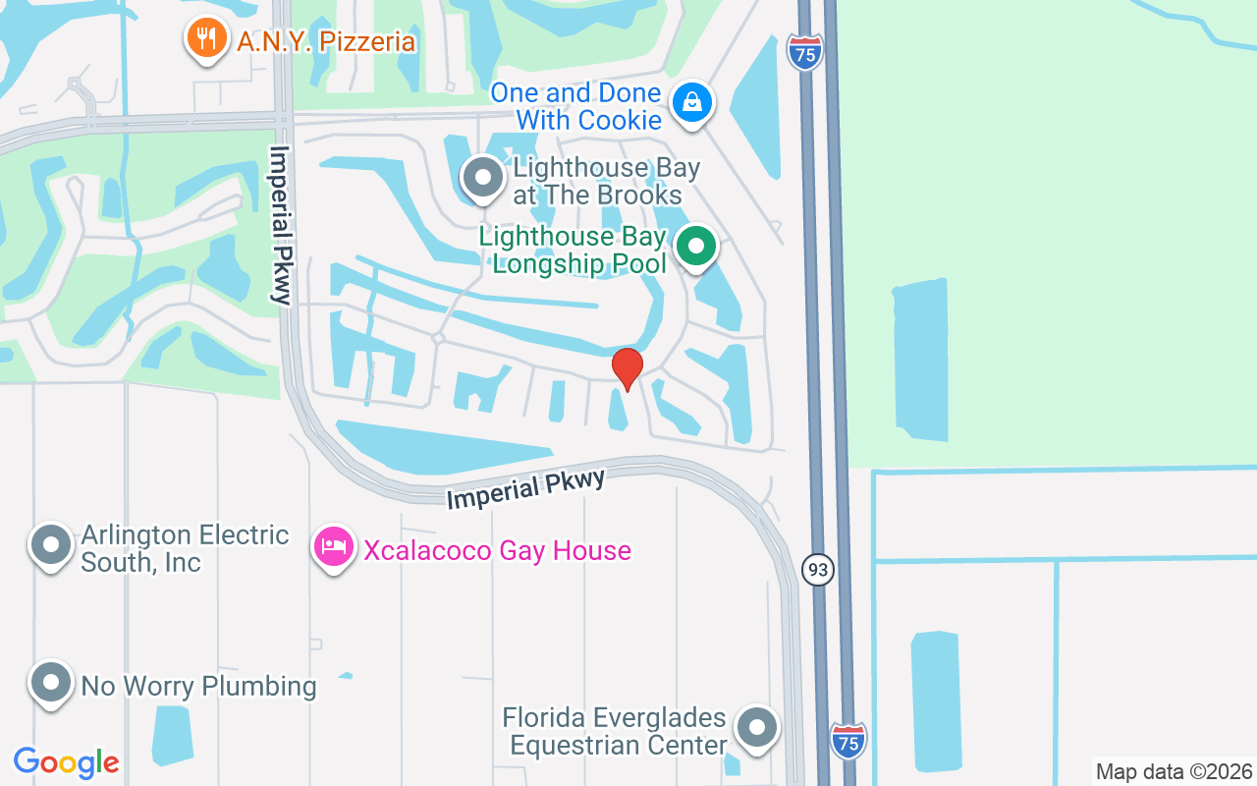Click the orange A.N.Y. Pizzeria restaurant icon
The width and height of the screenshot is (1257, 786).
(204, 39)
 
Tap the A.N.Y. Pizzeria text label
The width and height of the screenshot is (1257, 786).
(326, 42)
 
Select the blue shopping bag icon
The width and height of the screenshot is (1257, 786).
(692, 102)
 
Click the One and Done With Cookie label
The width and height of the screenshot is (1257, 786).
(575, 106)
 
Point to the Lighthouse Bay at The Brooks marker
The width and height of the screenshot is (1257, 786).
(482, 179)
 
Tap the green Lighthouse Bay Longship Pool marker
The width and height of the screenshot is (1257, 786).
(696, 247)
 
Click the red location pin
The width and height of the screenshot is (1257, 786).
(627, 369)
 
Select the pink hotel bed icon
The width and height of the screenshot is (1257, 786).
(333, 548)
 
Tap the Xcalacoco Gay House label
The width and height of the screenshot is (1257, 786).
(497, 550)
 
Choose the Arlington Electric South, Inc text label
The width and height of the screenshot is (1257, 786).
(185, 548)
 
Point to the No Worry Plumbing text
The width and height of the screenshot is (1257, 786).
(198, 686)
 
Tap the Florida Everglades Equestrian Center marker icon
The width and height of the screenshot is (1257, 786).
(756, 729)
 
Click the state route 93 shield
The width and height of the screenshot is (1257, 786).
(817, 569)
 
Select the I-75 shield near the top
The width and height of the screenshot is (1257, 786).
(804, 53)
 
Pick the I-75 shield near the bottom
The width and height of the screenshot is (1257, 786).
(848, 740)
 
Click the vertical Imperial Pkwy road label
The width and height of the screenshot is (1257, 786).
(282, 226)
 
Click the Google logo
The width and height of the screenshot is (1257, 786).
(67, 762)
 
